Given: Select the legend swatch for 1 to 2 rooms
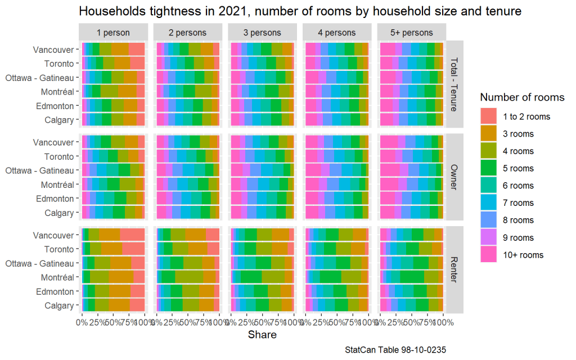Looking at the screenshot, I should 489,116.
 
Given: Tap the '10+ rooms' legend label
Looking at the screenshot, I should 524,255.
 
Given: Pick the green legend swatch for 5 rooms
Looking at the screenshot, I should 489,168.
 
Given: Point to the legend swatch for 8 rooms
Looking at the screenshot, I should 489,220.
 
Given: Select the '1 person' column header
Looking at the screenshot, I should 113,33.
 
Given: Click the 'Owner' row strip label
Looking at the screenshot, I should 454,177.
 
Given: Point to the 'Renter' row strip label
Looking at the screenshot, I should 454,270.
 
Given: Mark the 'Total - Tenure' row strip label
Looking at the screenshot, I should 454,84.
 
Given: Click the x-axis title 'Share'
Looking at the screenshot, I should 262,335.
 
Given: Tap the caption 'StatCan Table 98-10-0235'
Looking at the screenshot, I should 397,350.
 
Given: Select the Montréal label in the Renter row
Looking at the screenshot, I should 57,277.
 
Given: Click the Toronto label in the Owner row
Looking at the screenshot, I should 60,156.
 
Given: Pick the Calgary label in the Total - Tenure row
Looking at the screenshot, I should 59,120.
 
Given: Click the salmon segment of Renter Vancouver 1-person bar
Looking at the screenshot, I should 133,235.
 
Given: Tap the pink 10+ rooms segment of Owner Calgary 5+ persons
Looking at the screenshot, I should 387,213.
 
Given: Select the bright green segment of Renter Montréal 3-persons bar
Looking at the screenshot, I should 251,277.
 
